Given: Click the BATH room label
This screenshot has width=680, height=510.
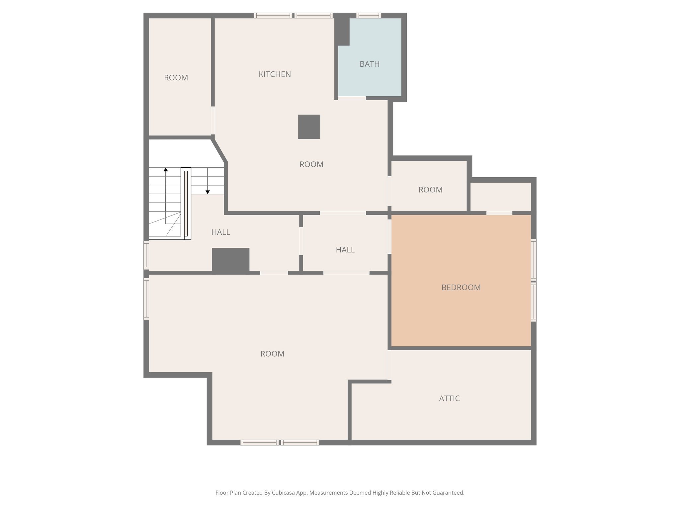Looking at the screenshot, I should (369, 64).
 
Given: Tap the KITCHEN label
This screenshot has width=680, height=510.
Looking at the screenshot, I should (275, 74).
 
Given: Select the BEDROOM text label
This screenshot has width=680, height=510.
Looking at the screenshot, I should (461, 288).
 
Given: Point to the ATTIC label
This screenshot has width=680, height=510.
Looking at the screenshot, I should (449, 398).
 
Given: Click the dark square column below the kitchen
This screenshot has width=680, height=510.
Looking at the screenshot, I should (309, 127).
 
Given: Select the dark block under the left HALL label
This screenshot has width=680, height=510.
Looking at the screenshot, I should (230, 261).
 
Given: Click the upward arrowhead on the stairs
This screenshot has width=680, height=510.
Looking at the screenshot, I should (166, 170).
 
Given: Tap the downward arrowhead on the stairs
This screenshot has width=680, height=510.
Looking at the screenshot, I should (208, 192).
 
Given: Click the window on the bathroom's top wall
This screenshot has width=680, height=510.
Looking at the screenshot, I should (369, 15).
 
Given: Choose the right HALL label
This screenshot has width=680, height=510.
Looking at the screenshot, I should (345, 250).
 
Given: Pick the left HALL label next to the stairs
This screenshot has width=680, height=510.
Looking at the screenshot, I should (220, 232).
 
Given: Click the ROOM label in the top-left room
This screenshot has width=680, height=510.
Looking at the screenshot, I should (176, 78).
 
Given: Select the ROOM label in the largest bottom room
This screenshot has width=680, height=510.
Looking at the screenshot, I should (272, 354).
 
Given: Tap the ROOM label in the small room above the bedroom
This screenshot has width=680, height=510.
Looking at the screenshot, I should (430, 190).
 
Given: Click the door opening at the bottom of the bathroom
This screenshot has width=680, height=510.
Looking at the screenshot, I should (352, 98).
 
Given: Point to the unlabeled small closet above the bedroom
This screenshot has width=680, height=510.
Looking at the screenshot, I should (500, 197).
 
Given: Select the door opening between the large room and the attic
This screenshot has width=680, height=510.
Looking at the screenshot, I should (389, 365).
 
